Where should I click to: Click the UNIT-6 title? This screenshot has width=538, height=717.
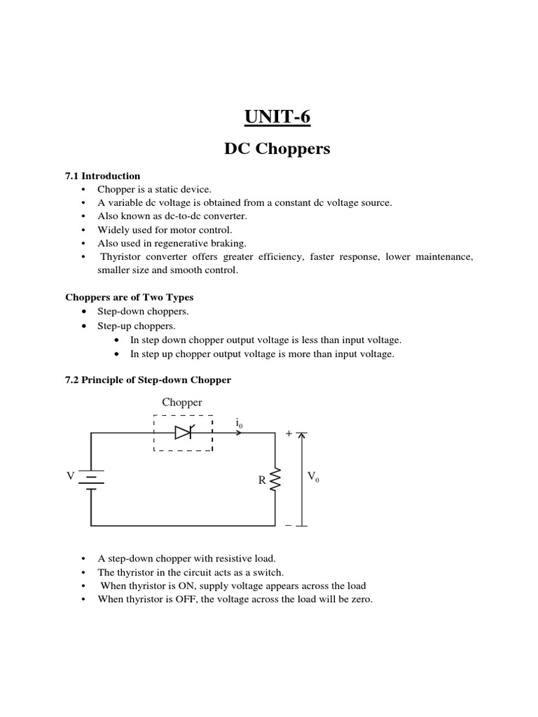click(x=277, y=117)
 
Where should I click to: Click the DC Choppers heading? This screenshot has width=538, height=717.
click(x=277, y=149)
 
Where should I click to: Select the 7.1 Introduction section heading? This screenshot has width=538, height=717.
click(x=102, y=176)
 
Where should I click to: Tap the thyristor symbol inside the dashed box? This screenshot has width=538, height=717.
click(x=183, y=433)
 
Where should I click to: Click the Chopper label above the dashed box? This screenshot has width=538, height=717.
click(x=182, y=403)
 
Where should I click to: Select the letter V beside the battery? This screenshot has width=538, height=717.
click(x=70, y=476)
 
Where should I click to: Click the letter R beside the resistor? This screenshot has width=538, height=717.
click(x=261, y=481)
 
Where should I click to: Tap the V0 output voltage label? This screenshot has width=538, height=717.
click(x=312, y=477)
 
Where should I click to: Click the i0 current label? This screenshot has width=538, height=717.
click(x=240, y=423)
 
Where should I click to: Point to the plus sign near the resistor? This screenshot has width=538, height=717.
click(x=288, y=434)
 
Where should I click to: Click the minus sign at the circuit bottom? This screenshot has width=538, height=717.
click(x=288, y=526)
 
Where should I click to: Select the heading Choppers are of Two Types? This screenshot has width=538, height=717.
click(x=130, y=297)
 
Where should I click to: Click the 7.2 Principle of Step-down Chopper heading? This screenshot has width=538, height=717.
click(x=148, y=380)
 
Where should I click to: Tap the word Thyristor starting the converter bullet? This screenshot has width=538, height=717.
click(x=121, y=257)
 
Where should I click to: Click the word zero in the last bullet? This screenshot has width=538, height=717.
click(x=360, y=599)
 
